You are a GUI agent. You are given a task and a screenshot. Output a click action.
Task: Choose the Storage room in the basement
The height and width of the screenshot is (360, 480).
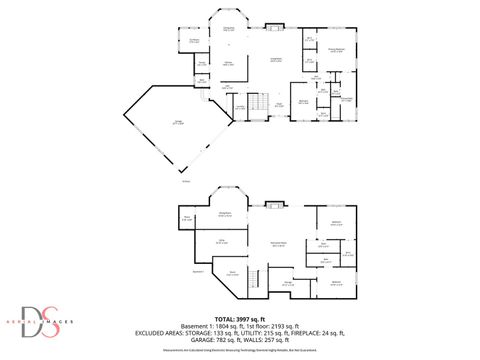click(x=288, y=284)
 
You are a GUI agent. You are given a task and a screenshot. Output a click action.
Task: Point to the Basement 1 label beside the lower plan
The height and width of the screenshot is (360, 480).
click(x=197, y=271)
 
